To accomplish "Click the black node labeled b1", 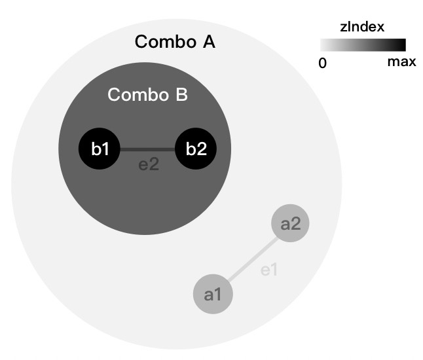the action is click(100, 149).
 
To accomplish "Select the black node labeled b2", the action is click(196, 149).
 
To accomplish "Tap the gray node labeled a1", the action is click(213, 294).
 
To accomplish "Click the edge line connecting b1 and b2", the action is click(147, 149).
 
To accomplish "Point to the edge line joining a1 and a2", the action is click(251, 259).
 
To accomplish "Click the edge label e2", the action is click(149, 164).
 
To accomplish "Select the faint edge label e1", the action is click(270, 269).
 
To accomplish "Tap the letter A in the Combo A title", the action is click(208, 43).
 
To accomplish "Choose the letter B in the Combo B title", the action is click(181, 95).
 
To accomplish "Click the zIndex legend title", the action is click(361, 27).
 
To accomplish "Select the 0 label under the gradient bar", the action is click(322, 63).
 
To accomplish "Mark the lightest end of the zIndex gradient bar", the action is click(324, 45).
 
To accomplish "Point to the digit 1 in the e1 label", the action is click(274, 269).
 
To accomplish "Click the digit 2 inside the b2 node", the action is click(202, 149).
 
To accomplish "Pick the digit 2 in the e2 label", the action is click(155, 164).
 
